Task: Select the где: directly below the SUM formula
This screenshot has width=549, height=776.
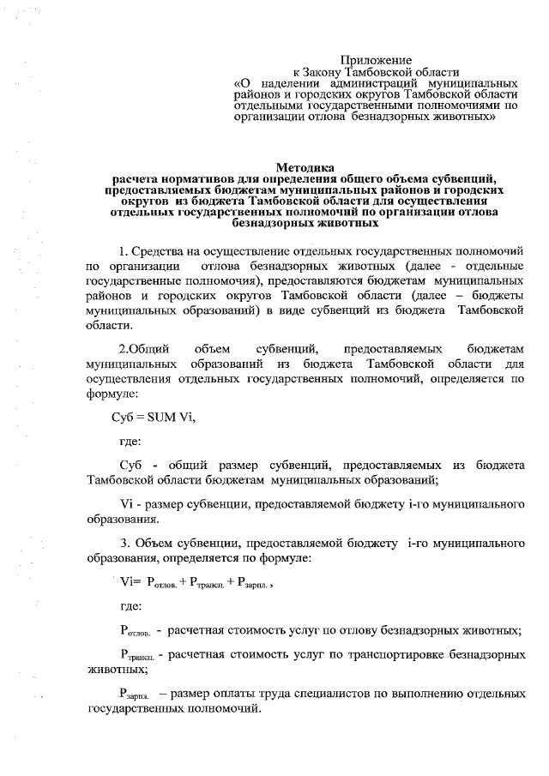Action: coord(130,441)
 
